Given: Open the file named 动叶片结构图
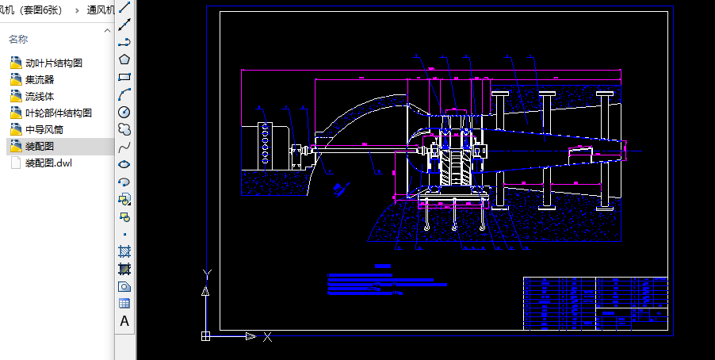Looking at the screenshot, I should tap(54, 63).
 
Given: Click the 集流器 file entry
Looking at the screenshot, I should tap(40, 79).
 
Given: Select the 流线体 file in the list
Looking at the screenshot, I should tap(40, 96).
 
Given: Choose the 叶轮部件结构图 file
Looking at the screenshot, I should tap(59, 113).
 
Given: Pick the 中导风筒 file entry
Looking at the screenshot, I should tap(44, 129).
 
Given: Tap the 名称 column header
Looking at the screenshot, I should tap(18, 39).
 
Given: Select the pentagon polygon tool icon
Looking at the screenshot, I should tap(124, 59).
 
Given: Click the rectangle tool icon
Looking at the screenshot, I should tap(124, 77).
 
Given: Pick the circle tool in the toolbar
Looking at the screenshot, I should tap(124, 112).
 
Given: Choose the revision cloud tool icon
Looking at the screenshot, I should tap(124, 129).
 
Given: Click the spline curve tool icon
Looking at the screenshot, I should tap(124, 147).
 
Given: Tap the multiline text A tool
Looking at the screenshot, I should tap(124, 321).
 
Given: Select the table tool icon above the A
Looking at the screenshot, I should tap(124, 304).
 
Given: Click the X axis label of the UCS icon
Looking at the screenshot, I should tap(268, 337).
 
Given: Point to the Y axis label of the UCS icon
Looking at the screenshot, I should tap(206, 274).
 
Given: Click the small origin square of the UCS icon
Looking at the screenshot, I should tap(206, 336).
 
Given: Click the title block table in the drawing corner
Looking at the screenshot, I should tap(595, 302).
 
